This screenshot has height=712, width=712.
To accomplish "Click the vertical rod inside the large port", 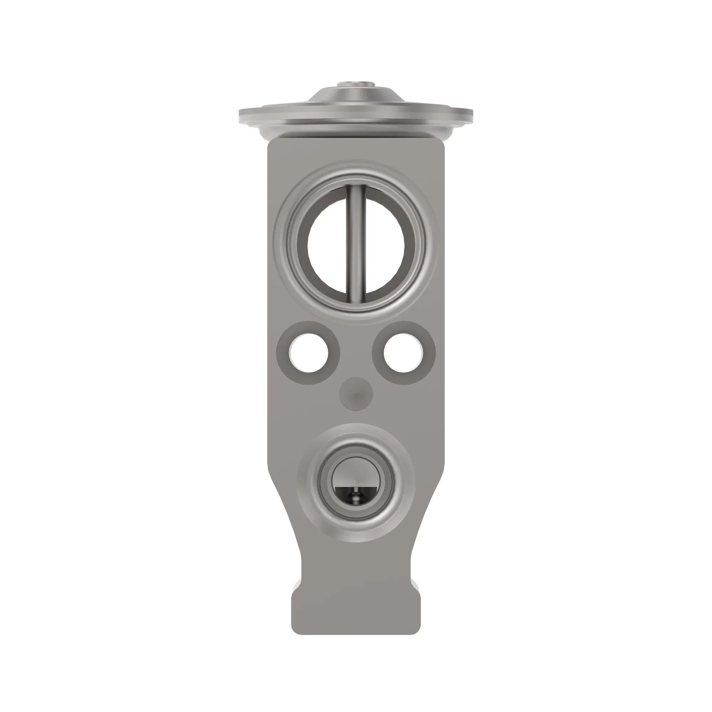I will pos(356,243).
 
